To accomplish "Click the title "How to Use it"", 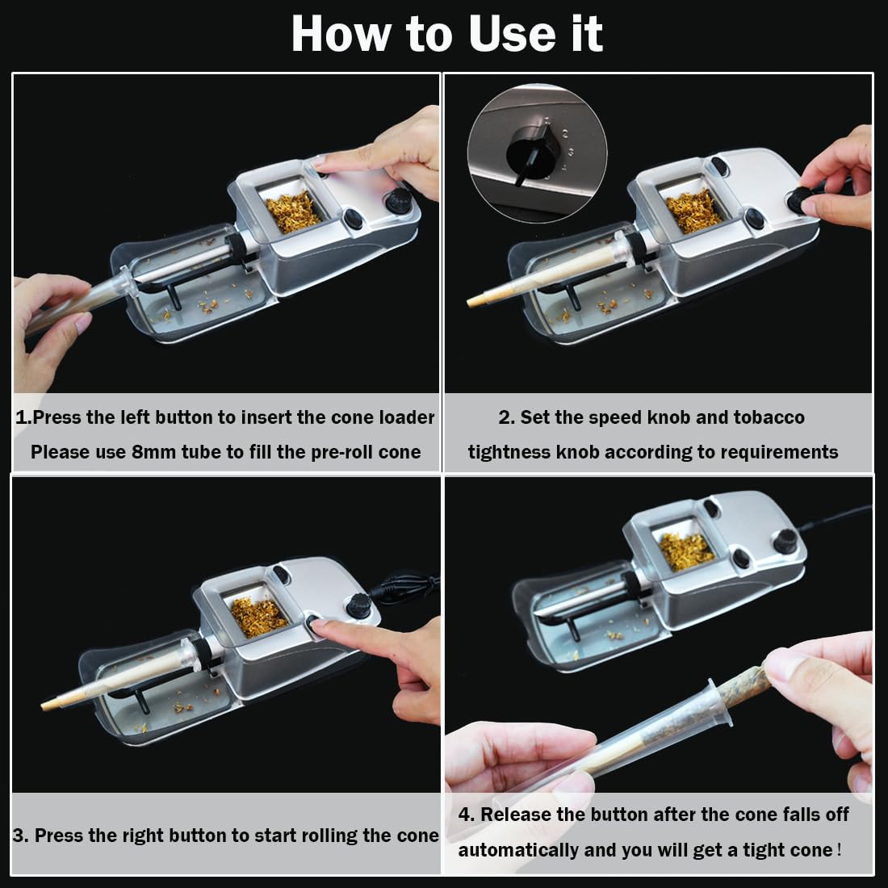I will (446, 34).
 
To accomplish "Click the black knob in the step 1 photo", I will (396, 203).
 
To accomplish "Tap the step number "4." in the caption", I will (467, 815).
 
